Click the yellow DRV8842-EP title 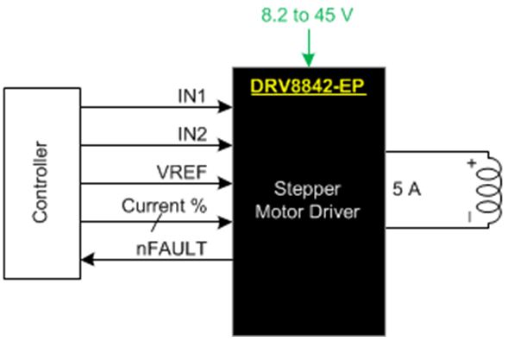(x=308, y=86)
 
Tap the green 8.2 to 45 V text (x=307, y=15)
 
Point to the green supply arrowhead (x=309, y=60)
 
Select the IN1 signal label (x=192, y=96)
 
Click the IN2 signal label (x=192, y=134)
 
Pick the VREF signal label (x=182, y=172)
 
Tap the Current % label (x=164, y=205)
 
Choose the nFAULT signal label (x=172, y=249)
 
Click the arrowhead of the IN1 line (x=225, y=107)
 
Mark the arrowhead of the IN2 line (x=225, y=145)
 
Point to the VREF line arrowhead (x=225, y=183)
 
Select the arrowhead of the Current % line (x=225, y=222)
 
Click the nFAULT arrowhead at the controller (x=88, y=260)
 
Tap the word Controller (x=41, y=182)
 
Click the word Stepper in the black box (x=307, y=189)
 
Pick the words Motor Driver (x=307, y=212)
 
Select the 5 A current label (x=406, y=189)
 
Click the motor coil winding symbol (x=489, y=191)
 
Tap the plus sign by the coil (x=472, y=163)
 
